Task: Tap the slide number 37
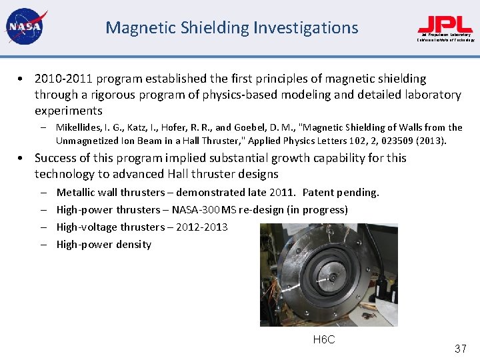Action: (460, 349)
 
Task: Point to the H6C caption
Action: (324, 340)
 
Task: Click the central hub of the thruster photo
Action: (329, 273)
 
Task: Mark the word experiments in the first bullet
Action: (69, 111)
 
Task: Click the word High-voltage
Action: (87, 227)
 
